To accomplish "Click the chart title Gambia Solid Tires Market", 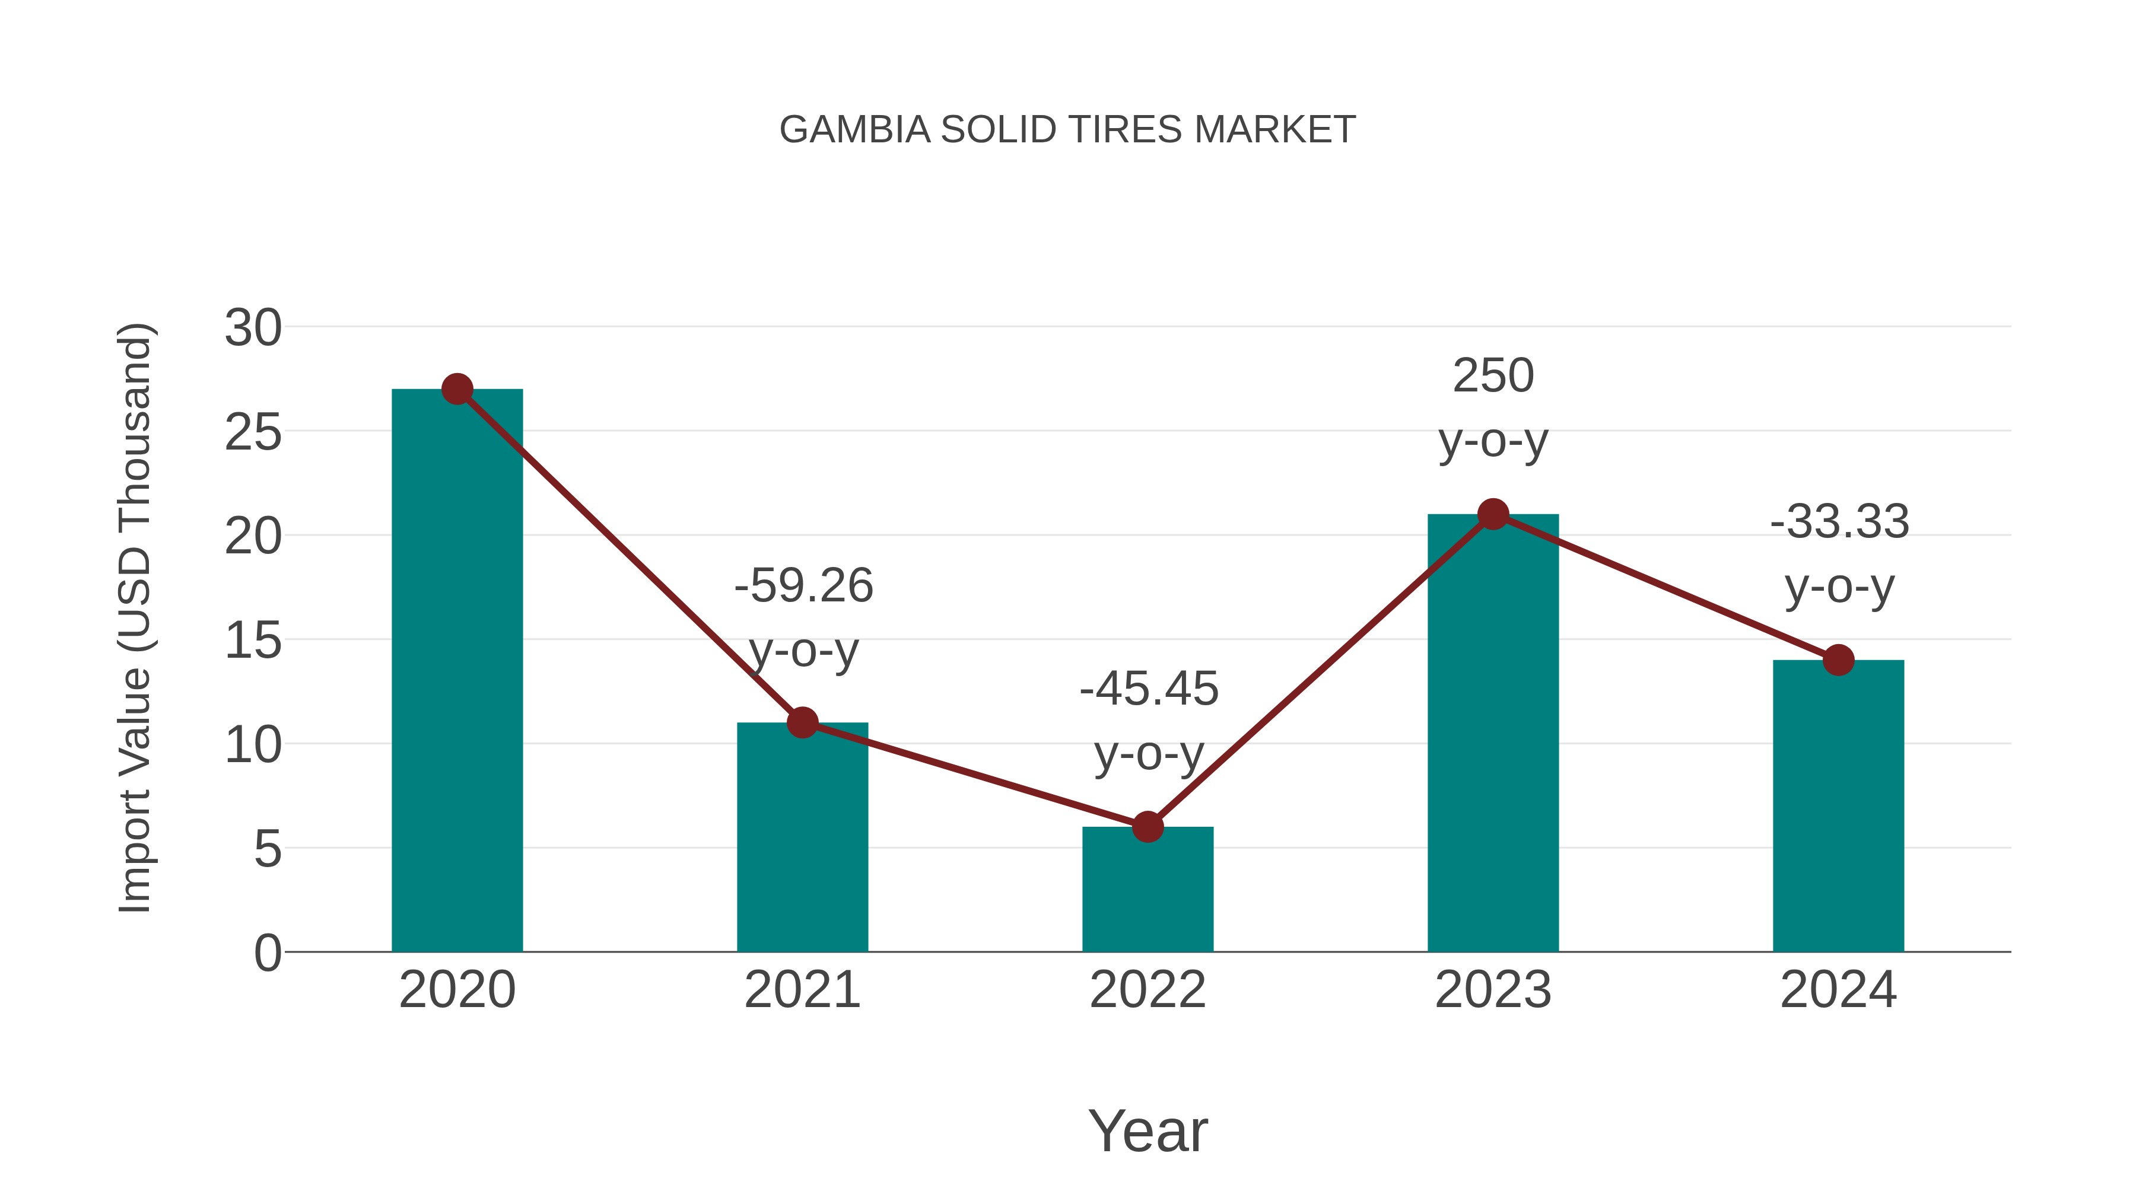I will coord(1067,130).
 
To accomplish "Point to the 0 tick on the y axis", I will coord(267,953).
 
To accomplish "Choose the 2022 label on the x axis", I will coord(1148,990).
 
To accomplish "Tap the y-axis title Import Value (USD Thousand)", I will coord(134,619).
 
